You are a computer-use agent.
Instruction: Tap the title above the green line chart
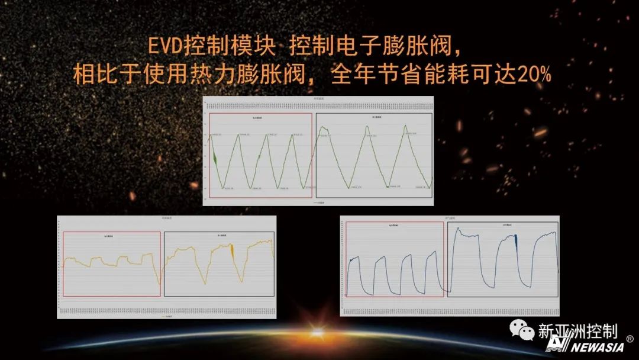point(318,98)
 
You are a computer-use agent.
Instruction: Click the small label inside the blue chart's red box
point(395,226)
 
